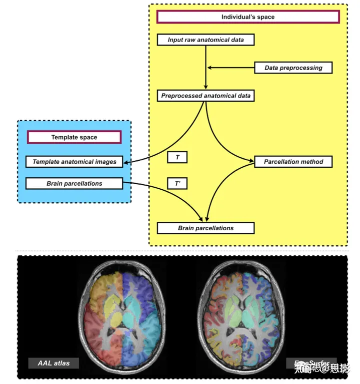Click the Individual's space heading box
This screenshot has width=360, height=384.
(248, 17)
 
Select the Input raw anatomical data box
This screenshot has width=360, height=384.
(205, 40)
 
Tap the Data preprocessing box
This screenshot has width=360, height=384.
(293, 68)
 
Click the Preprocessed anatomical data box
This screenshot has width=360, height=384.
(205, 96)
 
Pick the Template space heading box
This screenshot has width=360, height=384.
(74, 137)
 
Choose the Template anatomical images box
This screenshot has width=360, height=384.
(74, 162)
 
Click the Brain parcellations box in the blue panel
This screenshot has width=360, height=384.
(74, 184)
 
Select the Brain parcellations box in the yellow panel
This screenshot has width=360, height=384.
(205, 228)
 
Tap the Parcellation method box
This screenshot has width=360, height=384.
(293, 162)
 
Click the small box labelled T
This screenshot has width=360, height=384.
(177, 157)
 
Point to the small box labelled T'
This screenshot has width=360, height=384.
(177, 184)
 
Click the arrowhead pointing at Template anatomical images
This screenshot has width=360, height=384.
(125, 162)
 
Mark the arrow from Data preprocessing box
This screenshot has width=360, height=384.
(230, 68)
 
